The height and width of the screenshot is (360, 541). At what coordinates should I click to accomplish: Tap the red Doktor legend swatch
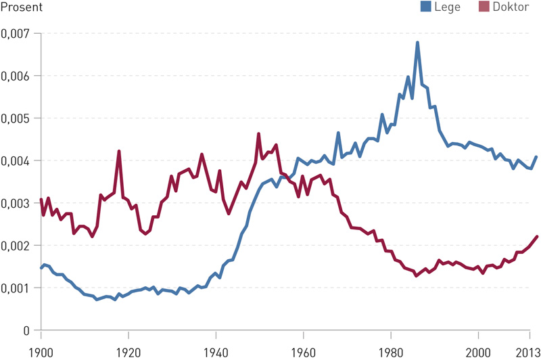point(484,7)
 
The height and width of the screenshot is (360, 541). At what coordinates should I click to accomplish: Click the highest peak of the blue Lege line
point(417,43)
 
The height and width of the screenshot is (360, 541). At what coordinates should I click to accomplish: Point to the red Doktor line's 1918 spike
point(119,152)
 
